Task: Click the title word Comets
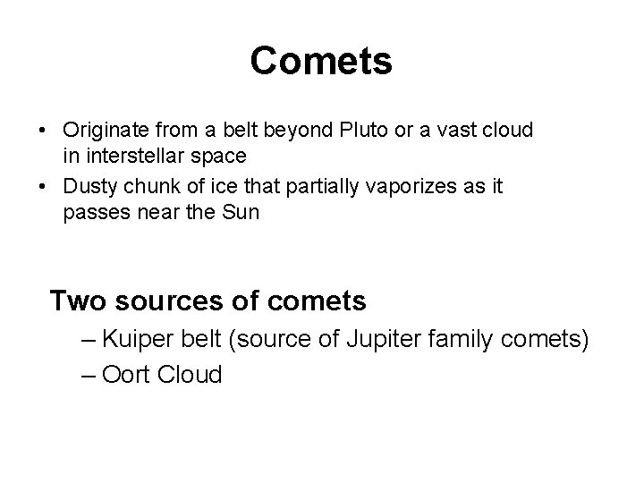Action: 321,62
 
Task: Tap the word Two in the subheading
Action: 77,301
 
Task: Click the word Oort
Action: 127,375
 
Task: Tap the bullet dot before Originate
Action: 43,131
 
